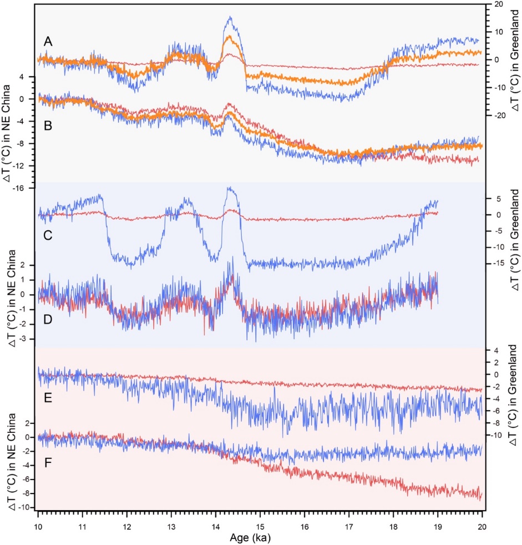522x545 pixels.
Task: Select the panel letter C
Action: point(48,235)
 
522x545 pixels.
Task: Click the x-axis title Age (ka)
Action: point(260,538)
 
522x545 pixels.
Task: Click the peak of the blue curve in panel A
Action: point(230,17)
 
